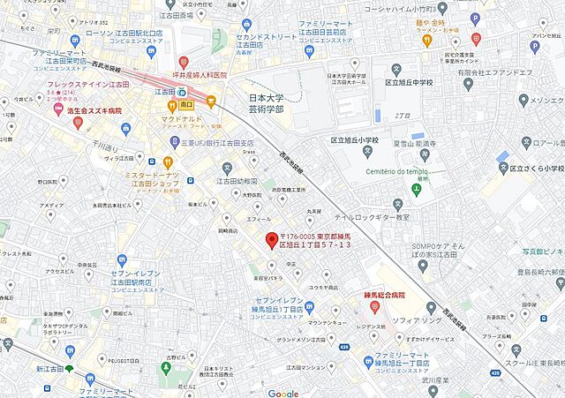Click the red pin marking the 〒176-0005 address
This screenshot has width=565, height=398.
click(272, 240)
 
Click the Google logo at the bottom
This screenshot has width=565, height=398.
click(283, 393)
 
